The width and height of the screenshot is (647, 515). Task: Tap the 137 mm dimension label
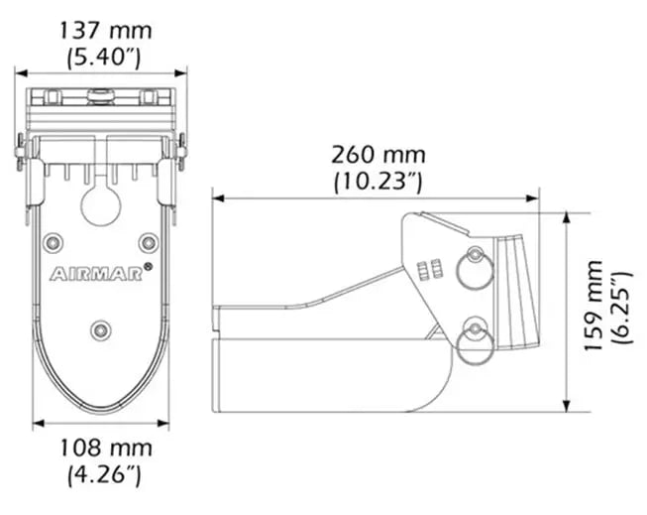click(x=103, y=30)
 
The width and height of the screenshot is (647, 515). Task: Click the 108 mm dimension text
click(x=103, y=449)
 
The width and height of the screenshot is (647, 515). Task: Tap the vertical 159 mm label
click(x=593, y=307)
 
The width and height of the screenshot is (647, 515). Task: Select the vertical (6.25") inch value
click(x=619, y=307)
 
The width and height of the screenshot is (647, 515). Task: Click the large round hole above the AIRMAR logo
click(x=100, y=205)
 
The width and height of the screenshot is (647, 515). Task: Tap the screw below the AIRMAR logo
click(x=100, y=328)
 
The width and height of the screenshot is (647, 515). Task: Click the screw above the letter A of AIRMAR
click(x=53, y=241)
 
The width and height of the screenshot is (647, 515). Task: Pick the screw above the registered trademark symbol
click(x=148, y=241)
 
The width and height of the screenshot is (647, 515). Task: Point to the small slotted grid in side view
click(x=429, y=271)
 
